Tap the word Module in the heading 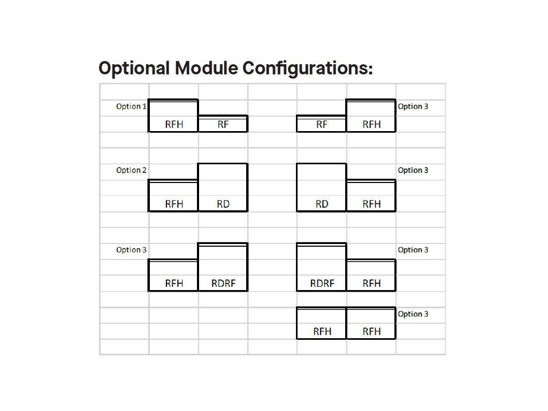click(x=206, y=68)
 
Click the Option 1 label click(x=131, y=106)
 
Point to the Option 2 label click(x=131, y=170)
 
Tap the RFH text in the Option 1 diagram click(x=174, y=124)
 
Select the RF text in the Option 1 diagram click(x=223, y=124)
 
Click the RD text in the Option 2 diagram click(x=223, y=204)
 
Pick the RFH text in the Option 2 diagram click(x=174, y=204)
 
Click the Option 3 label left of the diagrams click(x=131, y=250)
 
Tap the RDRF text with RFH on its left click(x=224, y=284)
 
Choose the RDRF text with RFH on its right click(x=322, y=284)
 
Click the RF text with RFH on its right click(x=322, y=124)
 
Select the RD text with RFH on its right click(x=322, y=204)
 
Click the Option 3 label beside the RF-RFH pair click(x=413, y=106)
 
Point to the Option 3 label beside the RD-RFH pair click(x=413, y=170)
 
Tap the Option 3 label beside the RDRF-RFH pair click(x=413, y=250)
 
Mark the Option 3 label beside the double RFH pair click(x=413, y=314)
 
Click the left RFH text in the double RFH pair click(x=322, y=331)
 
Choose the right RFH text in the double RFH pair click(x=371, y=331)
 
